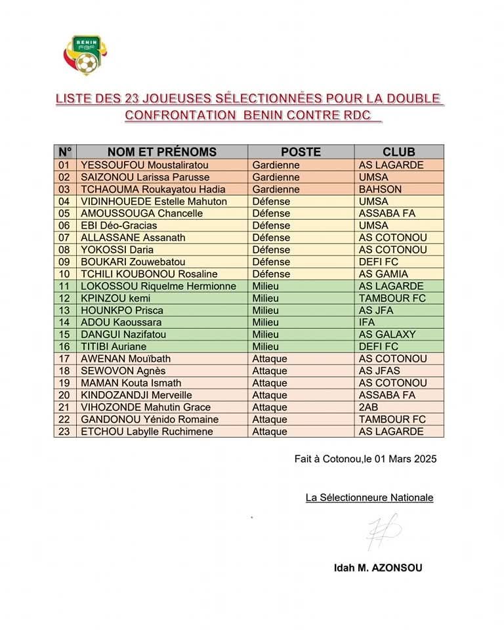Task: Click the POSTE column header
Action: (x=301, y=152)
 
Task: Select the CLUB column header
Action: (x=399, y=152)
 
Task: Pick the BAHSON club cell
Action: (x=380, y=189)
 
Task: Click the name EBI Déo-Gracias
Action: (x=119, y=225)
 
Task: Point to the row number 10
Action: (x=64, y=274)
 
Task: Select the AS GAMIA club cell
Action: (x=383, y=274)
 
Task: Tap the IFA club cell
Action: (x=367, y=322)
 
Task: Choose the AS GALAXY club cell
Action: (x=387, y=334)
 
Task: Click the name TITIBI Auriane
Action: (x=114, y=346)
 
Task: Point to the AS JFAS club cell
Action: (x=379, y=371)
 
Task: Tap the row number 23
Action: (x=64, y=431)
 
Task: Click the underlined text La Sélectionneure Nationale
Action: (x=369, y=497)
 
